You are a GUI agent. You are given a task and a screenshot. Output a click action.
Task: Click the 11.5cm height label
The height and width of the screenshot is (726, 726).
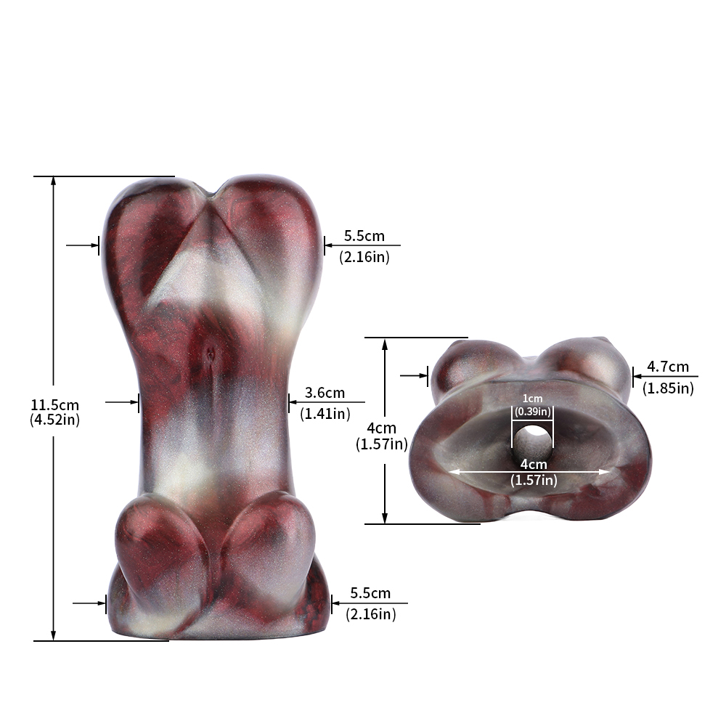(54, 405)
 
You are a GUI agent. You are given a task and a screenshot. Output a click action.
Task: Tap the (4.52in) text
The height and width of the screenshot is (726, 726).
(54, 420)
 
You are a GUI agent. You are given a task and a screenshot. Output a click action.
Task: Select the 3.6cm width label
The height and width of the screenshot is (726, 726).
(325, 393)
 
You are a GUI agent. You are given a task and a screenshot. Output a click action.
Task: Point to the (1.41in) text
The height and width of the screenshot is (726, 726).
(325, 414)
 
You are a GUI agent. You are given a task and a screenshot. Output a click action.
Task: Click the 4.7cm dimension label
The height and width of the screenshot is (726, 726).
(668, 367)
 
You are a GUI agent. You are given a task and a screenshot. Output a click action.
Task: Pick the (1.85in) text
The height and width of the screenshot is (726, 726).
(668, 388)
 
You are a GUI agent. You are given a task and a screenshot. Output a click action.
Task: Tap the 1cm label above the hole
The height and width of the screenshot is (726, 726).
(532, 398)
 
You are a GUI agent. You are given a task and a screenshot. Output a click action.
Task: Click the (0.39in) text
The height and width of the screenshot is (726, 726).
(532, 411)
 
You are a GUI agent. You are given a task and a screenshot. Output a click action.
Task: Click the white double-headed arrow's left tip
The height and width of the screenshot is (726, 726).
(449, 472)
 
